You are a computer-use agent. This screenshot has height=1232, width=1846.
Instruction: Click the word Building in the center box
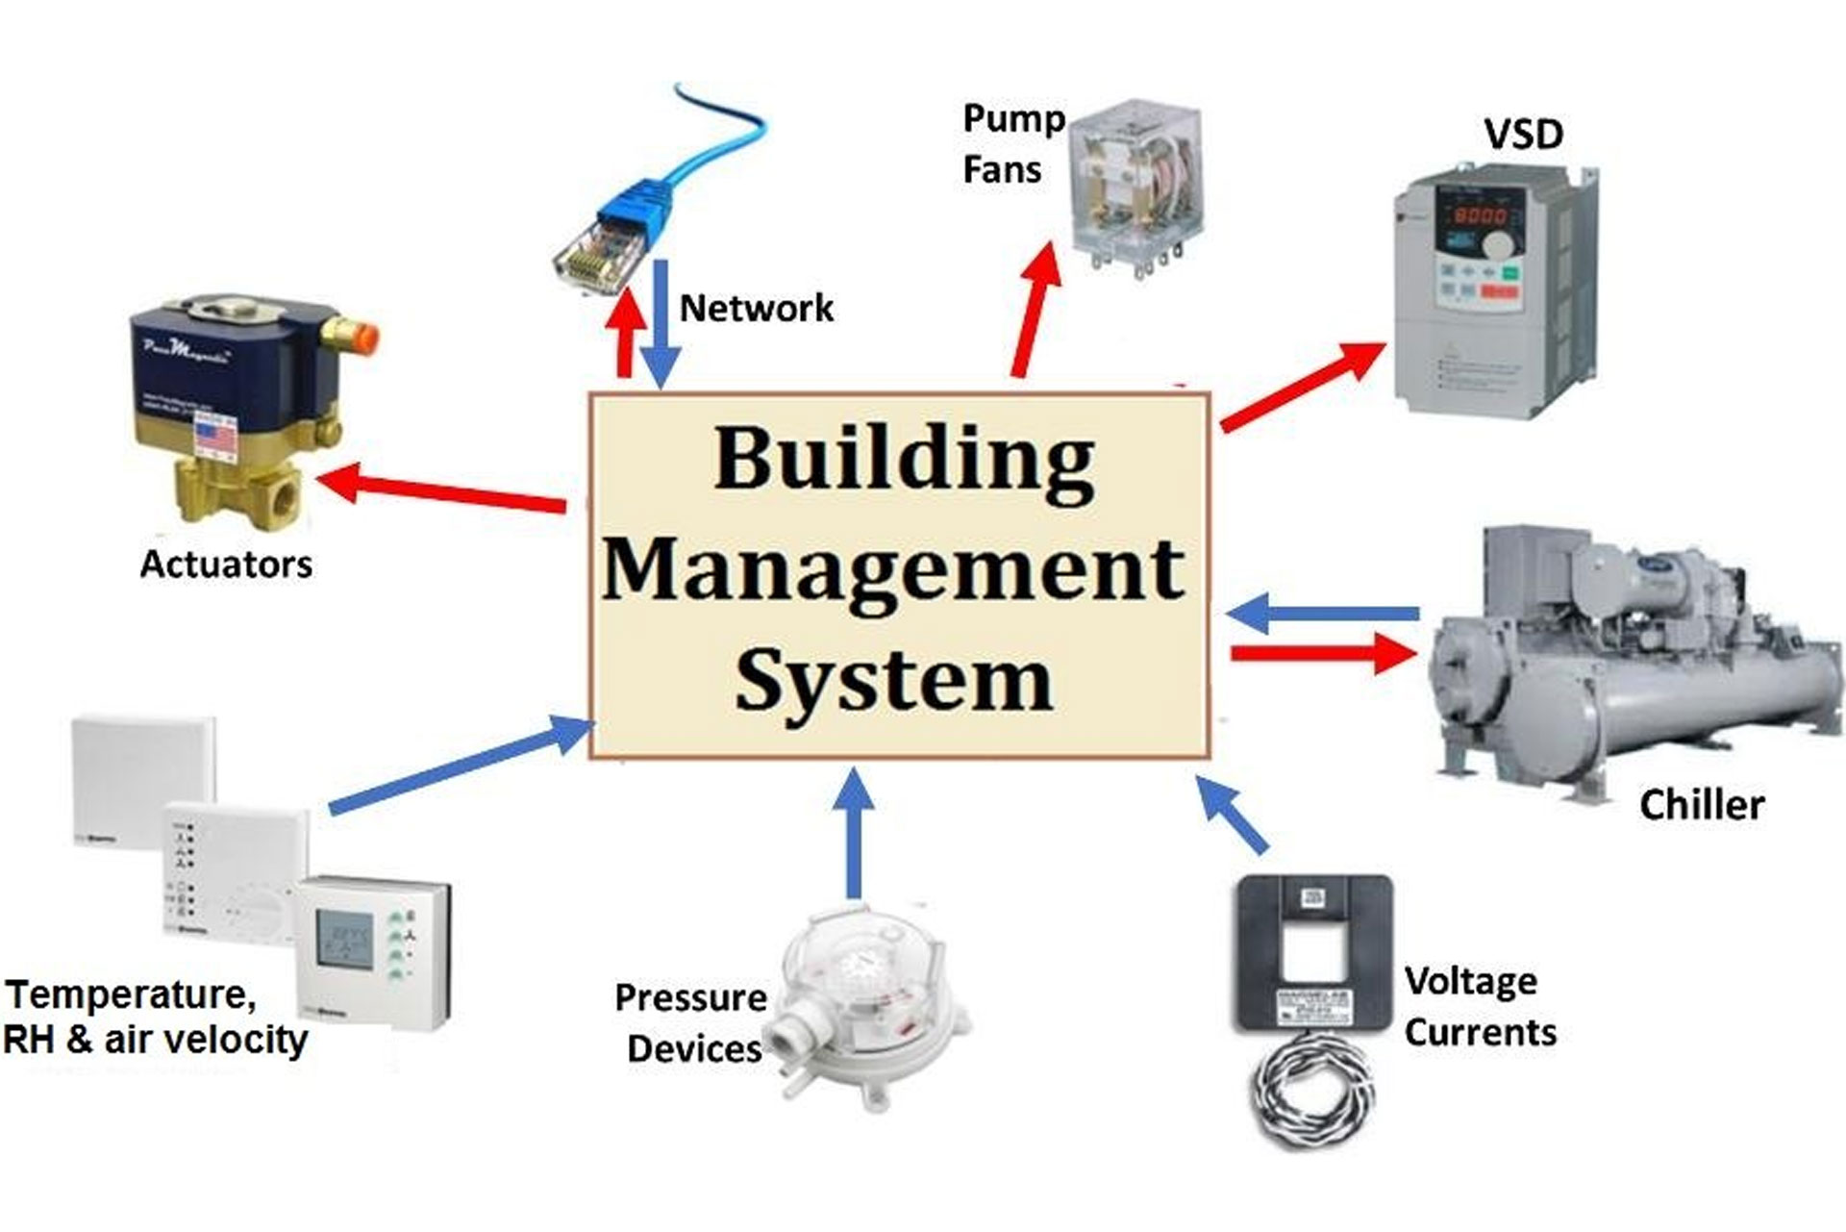click(x=904, y=459)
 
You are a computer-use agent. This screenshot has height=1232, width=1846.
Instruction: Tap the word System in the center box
click(x=894, y=680)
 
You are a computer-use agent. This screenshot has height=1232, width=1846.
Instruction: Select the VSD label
click(x=1523, y=134)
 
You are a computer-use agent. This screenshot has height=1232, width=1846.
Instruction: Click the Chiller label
click(x=1701, y=805)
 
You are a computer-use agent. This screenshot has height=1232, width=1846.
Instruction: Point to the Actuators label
click(x=226, y=564)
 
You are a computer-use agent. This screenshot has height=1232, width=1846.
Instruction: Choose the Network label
click(x=757, y=309)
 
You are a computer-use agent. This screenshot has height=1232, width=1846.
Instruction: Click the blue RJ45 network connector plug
click(x=615, y=231)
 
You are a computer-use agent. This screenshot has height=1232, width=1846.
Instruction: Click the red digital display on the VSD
click(x=1479, y=214)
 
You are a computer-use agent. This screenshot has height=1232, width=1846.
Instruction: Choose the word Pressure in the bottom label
click(x=690, y=997)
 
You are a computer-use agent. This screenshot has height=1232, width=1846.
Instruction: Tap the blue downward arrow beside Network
click(x=661, y=323)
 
